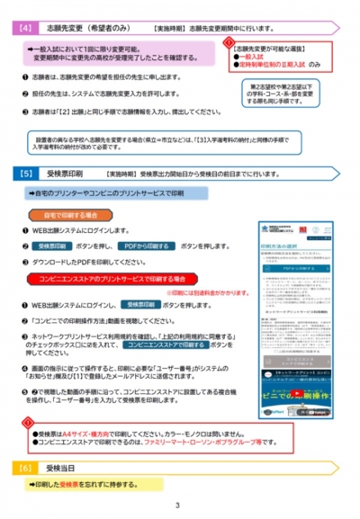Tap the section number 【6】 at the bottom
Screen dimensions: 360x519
26,468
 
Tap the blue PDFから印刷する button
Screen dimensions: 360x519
147,245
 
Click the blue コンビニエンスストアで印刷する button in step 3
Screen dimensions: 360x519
166,344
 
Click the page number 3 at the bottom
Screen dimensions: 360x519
178,506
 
